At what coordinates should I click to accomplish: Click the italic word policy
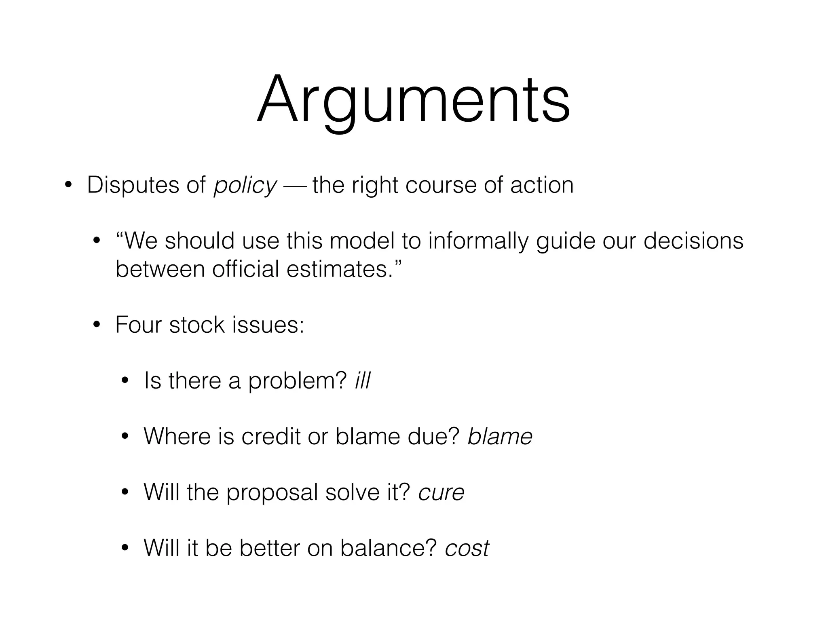point(245,186)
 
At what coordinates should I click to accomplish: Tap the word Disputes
point(133,185)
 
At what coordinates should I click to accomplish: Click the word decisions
point(693,241)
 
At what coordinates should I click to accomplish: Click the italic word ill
point(362,380)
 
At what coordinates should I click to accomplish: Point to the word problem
point(297,381)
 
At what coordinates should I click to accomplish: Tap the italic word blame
point(500,436)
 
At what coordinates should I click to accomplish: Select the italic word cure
point(441,492)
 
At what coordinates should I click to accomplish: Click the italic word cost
point(467,548)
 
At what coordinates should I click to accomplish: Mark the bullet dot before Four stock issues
point(96,325)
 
